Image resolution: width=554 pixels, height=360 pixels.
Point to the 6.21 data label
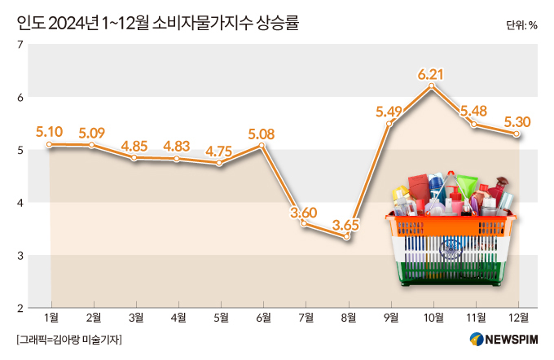tap(430, 75)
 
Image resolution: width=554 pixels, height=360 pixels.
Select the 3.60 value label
tap(303, 213)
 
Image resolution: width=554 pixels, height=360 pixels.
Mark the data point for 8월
tap(347, 236)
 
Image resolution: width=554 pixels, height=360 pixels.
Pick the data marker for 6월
tap(262, 146)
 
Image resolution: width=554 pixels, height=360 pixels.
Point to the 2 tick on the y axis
tap(19, 307)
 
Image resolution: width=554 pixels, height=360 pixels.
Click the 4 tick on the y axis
tap(19, 202)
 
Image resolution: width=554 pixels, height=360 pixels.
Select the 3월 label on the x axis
tap(135, 318)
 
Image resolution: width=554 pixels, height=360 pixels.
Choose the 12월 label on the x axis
tap(517, 318)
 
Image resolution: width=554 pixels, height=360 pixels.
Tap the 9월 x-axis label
tap(389, 318)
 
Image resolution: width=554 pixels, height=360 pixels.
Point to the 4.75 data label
tap(219, 151)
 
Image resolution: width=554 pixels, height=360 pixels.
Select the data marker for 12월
tap(517, 134)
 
